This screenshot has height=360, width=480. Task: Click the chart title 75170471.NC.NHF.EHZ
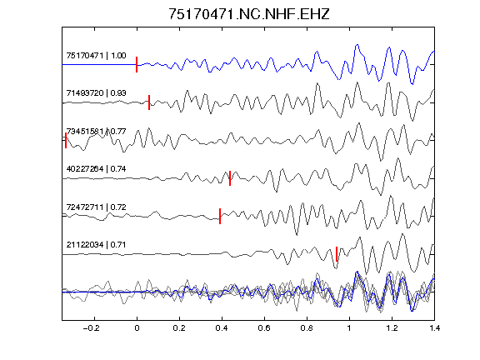click(249, 14)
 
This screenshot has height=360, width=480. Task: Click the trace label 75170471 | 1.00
click(96, 56)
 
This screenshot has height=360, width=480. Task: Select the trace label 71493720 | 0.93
click(96, 93)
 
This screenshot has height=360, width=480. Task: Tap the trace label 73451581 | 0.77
click(96, 132)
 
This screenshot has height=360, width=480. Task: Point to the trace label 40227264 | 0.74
click(96, 169)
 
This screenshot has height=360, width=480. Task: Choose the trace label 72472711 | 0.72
click(96, 207)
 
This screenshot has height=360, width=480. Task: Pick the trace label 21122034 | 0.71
click(96, 245)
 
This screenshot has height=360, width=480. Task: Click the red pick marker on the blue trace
click(137, 65)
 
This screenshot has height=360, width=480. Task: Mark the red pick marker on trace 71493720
click(149, 102)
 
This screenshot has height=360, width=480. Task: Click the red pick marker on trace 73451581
click(66, 141)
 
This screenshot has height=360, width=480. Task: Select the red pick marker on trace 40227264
click(230, 178)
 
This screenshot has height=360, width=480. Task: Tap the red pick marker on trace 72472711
click(220, 216)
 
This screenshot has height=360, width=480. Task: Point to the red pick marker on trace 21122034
click(337, 254)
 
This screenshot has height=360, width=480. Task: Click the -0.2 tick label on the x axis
click(92, 328)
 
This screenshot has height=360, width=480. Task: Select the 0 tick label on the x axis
click(137, 328)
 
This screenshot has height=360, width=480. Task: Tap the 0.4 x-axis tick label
click(222, 328)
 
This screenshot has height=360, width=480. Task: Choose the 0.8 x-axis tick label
click(307, 328)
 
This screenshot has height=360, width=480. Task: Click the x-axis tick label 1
click(349, 328)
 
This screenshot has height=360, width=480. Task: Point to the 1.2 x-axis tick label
click(392, 328)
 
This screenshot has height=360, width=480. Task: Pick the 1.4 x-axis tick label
click(434, 328)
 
